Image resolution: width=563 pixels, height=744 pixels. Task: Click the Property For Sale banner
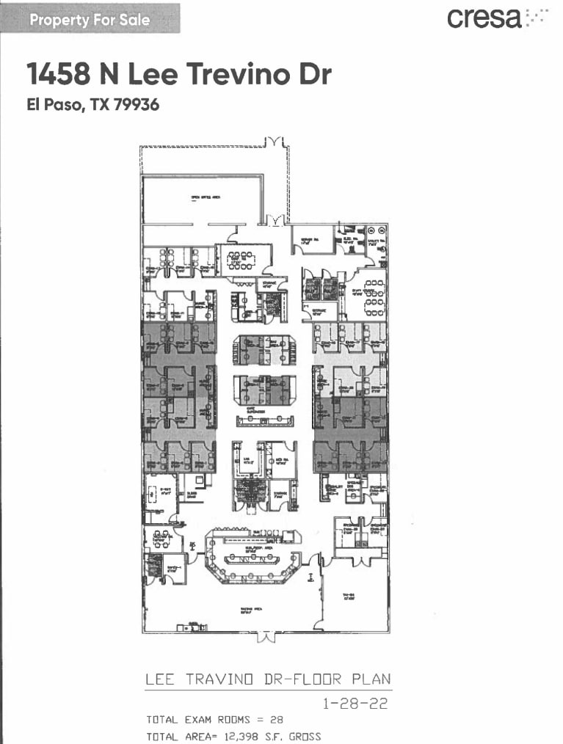tap(90, 19)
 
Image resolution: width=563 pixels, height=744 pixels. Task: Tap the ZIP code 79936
tap(136, 105)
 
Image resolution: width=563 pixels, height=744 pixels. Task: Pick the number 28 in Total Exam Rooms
tap(277, 720)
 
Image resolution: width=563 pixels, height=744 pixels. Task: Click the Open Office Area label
tap(202, 197)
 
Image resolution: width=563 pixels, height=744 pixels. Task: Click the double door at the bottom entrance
tap(265, 636)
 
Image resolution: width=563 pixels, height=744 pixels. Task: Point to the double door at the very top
tap(275, 141)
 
